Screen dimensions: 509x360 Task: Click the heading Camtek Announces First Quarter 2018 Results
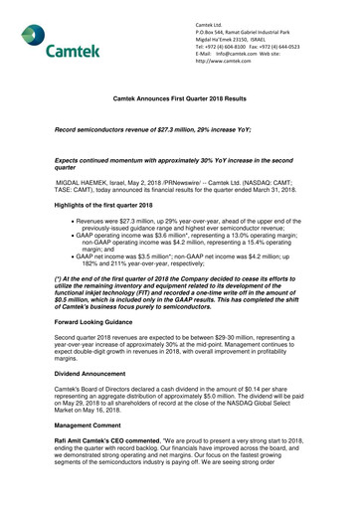tap(179, 101)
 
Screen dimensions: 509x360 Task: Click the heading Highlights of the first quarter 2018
tap(95, 203)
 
